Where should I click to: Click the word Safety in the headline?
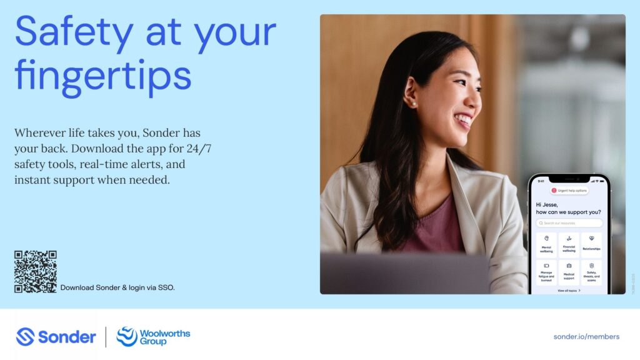click(x=74, y=31)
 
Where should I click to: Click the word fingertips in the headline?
click(x=102, y=76)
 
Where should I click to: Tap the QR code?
click(x=36, y=272)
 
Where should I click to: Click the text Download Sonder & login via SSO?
click(x=117, y=287)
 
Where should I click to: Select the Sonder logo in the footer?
click(x=56, y=337)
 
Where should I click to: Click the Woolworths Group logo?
click(x=153, y=336)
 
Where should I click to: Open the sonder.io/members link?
click(x=586, y=336)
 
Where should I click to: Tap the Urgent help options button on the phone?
click(x=569, y=190)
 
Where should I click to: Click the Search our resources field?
click(x=569, y=222)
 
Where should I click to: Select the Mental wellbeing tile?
click(x=546, y=245)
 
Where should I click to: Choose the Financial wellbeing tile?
click(x=569, y=245)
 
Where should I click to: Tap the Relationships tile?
click(x=591, y=245)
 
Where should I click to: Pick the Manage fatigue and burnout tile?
click(x=546, y=272)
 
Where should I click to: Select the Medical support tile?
click(x=569, y=272)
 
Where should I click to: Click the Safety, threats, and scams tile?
click(x=591, y=272)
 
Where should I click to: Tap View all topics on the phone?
click(x=569, y=291)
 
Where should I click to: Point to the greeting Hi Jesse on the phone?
click(x=547, y=204)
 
